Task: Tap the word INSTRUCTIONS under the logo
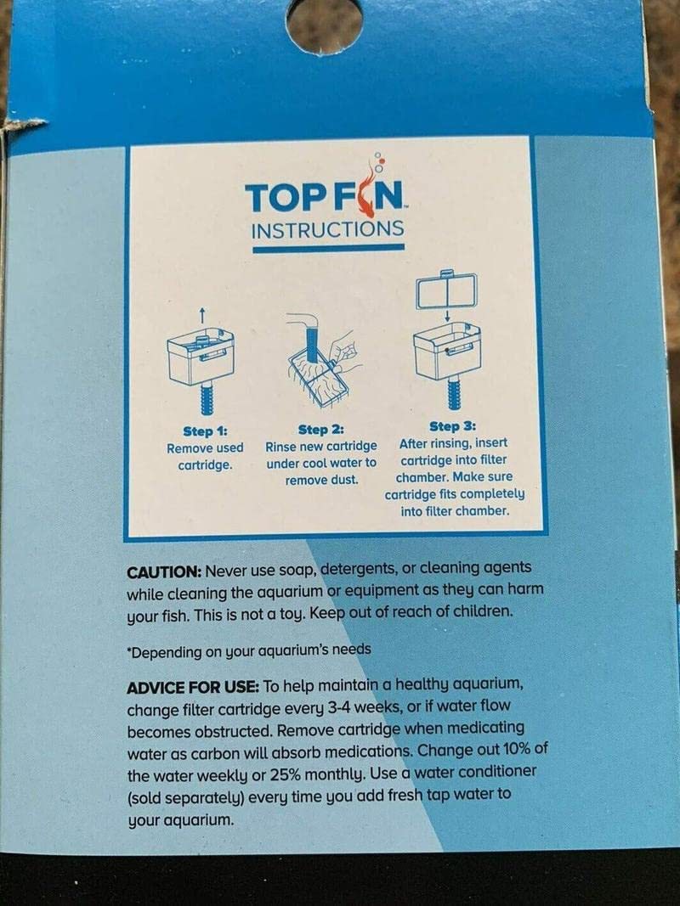click(x=327, y=229)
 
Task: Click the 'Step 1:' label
click(x=204, y=431)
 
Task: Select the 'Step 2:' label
click(x=321, y=430)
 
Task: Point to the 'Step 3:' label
click(x=451, y=425)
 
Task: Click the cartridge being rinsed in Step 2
click(x=319, y=374)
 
